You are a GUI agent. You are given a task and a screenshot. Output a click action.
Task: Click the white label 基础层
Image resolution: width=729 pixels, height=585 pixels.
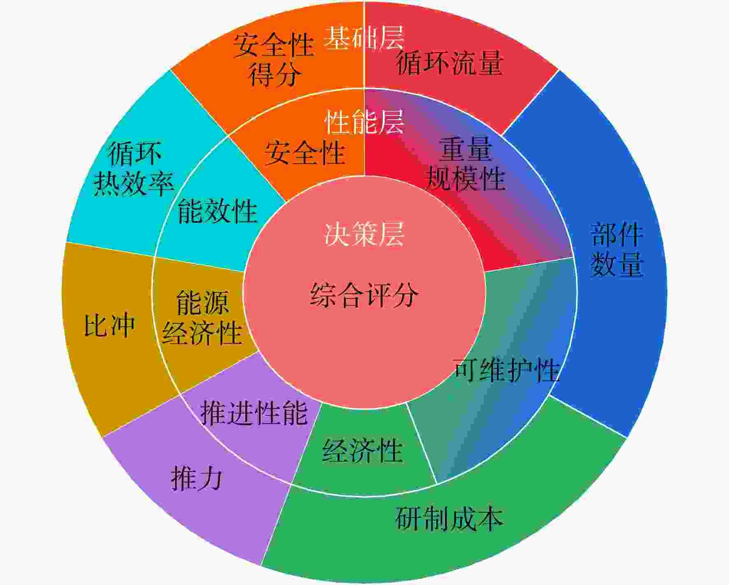point(364,38)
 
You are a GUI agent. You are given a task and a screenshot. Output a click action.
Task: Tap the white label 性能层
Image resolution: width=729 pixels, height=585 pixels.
point(364,122)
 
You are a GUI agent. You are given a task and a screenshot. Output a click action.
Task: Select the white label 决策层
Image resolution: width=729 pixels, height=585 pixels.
point(364,234)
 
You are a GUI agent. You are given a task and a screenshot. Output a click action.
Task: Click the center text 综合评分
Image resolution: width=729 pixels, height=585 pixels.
point(364,295)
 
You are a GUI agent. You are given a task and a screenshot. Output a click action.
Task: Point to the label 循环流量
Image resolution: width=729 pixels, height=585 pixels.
point(450,62)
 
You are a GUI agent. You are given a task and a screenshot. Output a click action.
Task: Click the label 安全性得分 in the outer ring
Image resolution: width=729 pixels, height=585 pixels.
point(274,60)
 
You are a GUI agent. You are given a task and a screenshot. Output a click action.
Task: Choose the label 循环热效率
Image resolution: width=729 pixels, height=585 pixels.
point(134,168)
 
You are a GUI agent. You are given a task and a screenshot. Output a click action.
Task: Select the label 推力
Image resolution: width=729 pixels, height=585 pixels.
point(197,478)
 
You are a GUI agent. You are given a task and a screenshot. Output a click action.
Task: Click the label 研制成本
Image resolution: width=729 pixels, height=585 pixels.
point(449,518)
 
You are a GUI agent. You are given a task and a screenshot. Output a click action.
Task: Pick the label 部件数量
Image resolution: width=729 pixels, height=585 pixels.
point(617,249)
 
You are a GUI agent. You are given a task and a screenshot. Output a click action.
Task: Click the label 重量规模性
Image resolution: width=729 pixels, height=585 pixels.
point(465,164)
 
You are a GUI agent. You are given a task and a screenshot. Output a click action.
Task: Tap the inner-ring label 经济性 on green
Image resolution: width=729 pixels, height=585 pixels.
point(362,451)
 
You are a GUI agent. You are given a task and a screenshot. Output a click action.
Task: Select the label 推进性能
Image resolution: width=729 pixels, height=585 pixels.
point(254,412)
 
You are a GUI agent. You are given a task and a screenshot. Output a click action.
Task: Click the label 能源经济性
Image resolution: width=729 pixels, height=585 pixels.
point(202,317)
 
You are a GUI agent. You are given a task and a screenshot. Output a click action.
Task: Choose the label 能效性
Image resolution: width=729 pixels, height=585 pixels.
point(217,211)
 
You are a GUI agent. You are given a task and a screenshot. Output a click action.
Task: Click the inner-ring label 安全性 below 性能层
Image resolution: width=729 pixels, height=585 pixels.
point(304,153)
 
